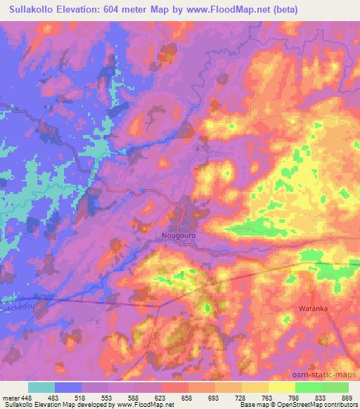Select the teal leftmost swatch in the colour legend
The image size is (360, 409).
[x=41, y=387]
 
